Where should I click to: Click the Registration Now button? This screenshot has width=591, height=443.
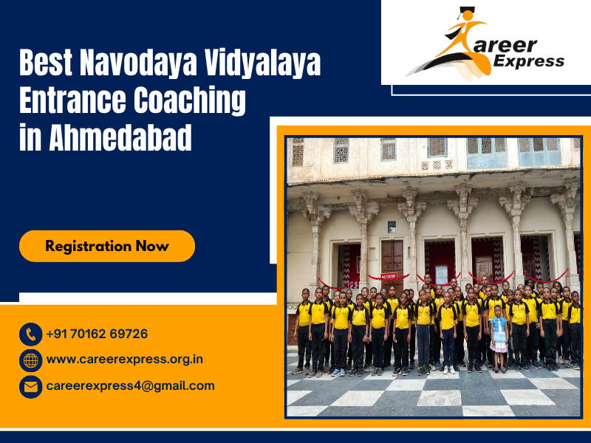pos(107,246)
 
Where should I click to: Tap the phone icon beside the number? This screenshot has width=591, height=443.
pos(30,334)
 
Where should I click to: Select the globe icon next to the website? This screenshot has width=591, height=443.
pos(30,360)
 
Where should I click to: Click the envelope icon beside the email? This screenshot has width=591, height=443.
pos(30,386)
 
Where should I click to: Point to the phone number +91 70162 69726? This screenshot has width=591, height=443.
pos(97,334)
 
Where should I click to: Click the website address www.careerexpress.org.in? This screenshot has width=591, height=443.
pos(124,360)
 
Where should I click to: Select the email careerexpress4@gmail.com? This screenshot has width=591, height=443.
pos(130,385)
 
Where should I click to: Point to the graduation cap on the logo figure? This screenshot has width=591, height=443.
pos(465,13)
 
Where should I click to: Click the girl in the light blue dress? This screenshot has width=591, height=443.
pos(499,337)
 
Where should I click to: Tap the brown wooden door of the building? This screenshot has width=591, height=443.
pos(392,258)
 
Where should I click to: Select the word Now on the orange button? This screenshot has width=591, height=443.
pos(152,246)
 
